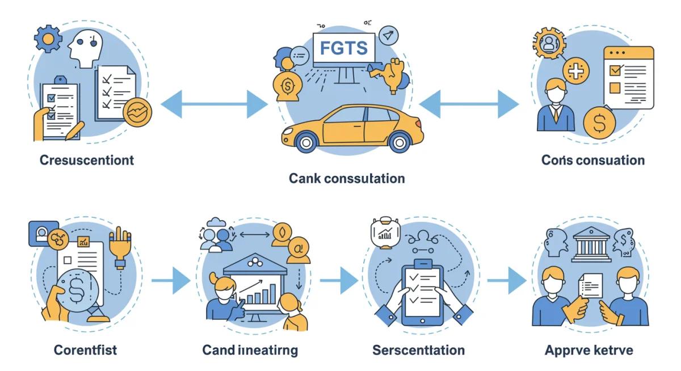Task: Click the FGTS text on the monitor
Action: pos(344,48)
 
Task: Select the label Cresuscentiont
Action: pos(87,160)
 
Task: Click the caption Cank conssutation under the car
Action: pos(347,179)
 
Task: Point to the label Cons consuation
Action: pos(593,160)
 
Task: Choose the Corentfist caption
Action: pos(86,349)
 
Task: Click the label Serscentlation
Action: pos(419,350)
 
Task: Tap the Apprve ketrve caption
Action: pos(588,349)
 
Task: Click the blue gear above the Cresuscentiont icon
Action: pos(48,39)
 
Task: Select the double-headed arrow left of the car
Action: pos(214,104)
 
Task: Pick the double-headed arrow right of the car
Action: pos(469,104)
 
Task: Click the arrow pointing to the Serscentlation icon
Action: pos(339,280)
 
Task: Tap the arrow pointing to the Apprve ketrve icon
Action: pos(507,280)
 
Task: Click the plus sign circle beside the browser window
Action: pos(575,72)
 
